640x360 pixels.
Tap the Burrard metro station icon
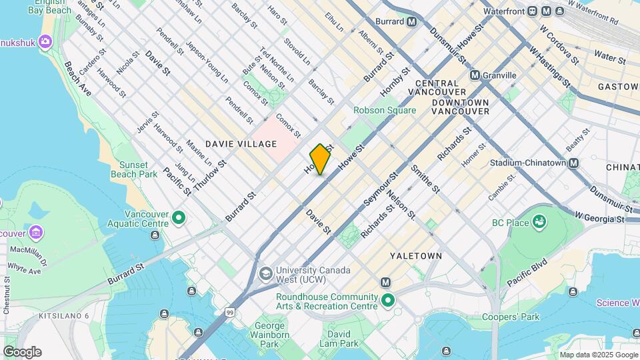412,21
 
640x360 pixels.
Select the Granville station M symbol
475,75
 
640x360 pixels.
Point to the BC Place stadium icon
539,222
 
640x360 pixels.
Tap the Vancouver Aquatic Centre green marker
178,217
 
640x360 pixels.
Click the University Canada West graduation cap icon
265,273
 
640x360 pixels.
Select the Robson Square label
385,111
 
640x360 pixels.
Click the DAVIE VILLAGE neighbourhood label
231,144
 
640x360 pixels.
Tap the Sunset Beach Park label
138,169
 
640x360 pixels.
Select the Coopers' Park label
511,317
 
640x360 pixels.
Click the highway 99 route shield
229,312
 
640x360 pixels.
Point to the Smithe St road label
425,179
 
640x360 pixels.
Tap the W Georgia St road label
599,219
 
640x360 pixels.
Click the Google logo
22,351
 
